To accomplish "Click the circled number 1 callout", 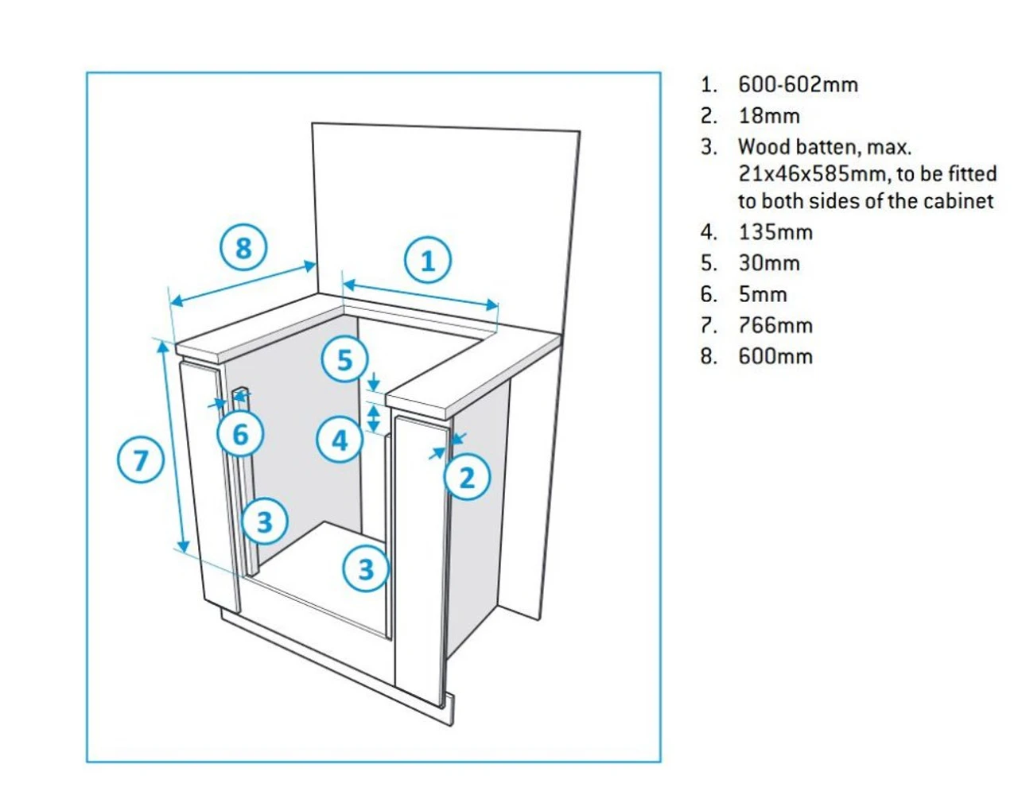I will [x=428, y=261].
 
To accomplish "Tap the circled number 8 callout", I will [x=243, y=248].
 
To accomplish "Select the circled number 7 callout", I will [x=141, y=460].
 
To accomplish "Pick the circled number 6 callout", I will [x=240, y=434].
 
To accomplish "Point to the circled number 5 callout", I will [x=344, y=360].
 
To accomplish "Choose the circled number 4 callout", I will [x=340, y=440].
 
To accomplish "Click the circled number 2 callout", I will [x=467, y=478].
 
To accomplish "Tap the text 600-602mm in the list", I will [x=798, y=84].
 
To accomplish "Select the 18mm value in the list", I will [x=768, y=116].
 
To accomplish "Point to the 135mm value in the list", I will [x=775, y=232].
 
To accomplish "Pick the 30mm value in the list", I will [x=768, y=263].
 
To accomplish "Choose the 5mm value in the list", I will [x=762, y=294].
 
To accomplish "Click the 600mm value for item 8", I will [x=775, y=356].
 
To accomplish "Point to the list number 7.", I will [x=708, y=325].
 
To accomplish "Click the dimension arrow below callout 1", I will [x=420, y=293].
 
